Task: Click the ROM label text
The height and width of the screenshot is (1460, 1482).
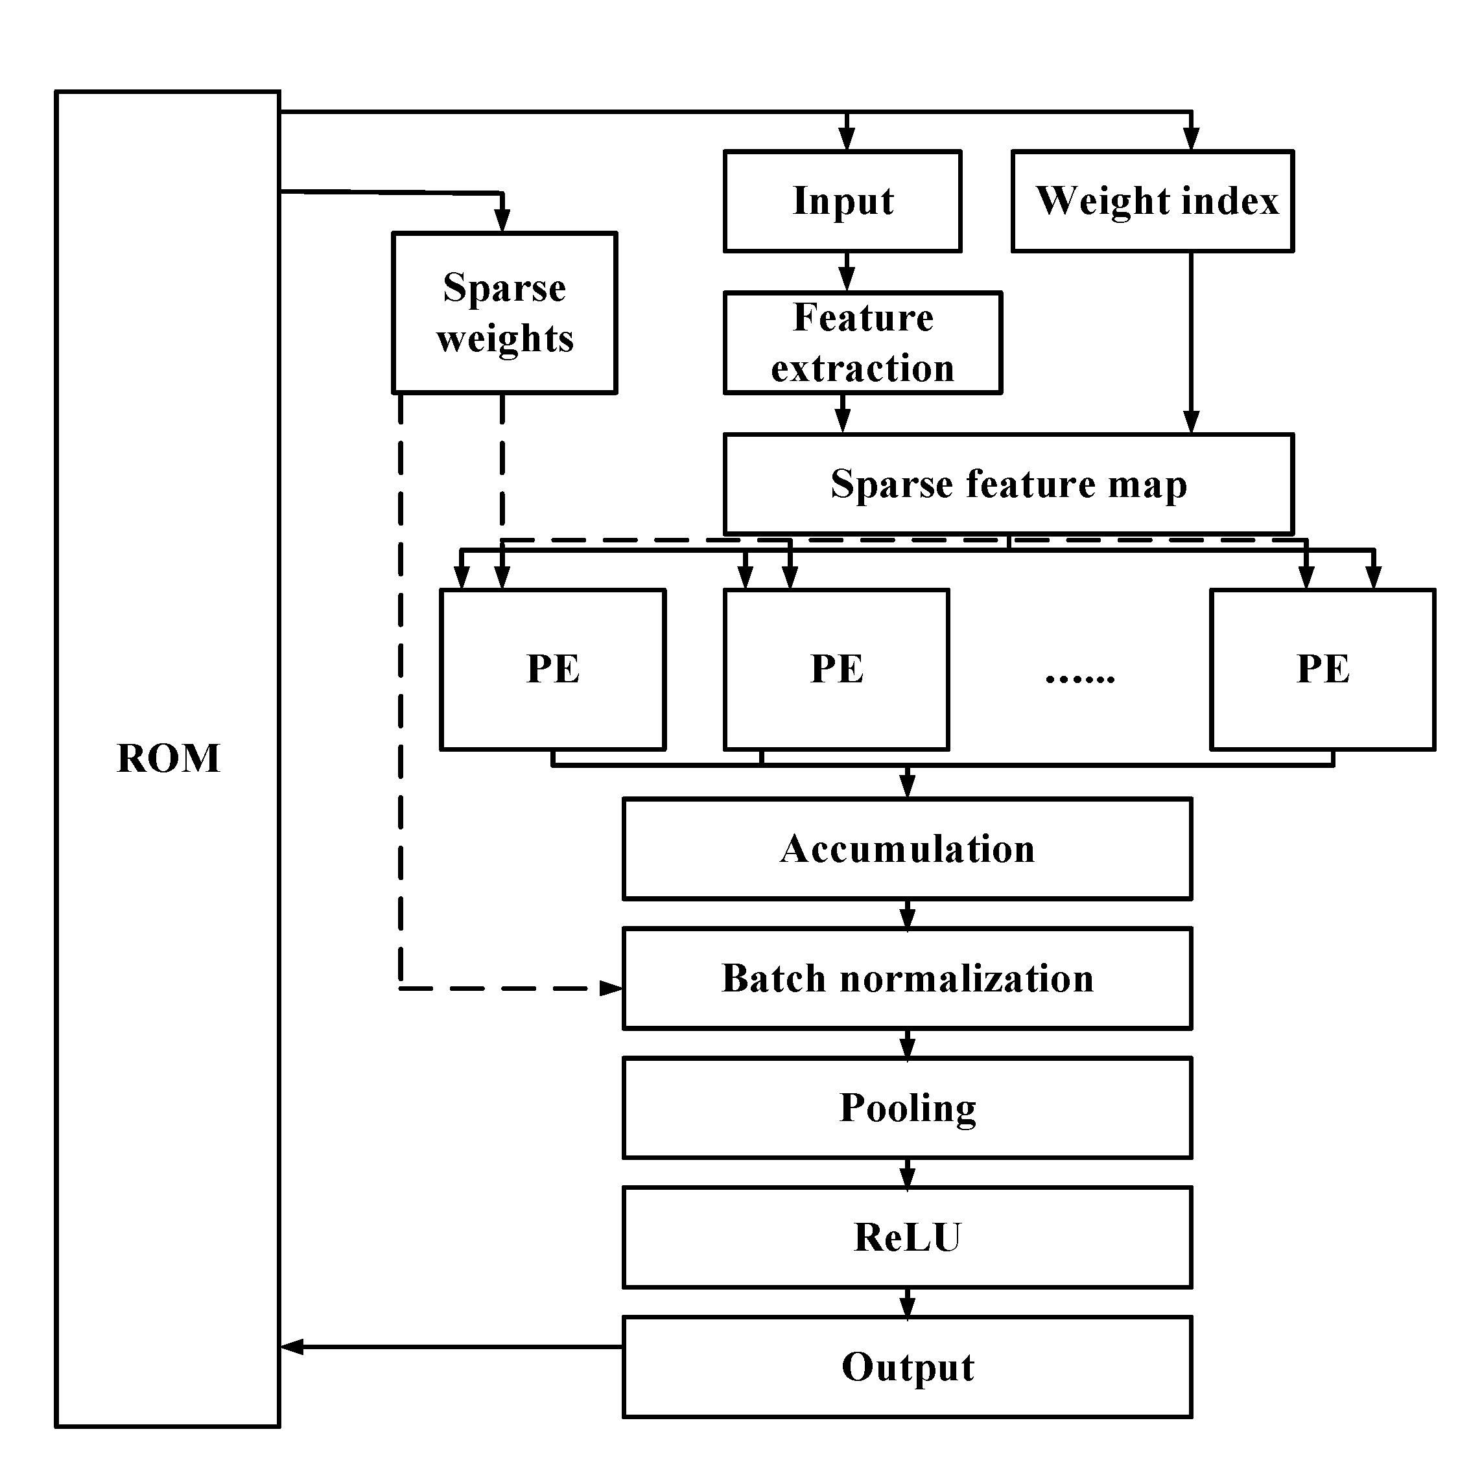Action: tap(168, 759)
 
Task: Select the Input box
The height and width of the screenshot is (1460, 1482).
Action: tap(842, 201)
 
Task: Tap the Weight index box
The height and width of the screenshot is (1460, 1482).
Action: tap(1152, 201)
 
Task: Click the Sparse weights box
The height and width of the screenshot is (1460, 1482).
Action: tap(504, 313)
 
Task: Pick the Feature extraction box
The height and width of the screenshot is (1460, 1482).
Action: tap(862, 343)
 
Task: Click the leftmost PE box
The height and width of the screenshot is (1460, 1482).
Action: tap(552, 669)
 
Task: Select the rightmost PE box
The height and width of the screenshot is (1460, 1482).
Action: tap(1322, 669)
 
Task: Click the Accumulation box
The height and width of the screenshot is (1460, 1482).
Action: tap(907, 849)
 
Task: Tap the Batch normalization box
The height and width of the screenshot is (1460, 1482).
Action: tap(907, 979)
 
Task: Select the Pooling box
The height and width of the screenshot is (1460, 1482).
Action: tap(907, 1108)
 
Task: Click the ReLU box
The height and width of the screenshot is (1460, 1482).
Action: tap(907, 1238)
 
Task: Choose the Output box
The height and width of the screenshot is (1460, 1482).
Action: tap(907, 1367)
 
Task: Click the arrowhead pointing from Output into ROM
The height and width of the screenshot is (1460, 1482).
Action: tap(292, 1347)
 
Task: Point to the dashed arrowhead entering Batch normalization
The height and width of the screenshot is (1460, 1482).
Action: tap(611, 988)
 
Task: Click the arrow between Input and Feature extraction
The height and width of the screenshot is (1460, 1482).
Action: tap(846, 272)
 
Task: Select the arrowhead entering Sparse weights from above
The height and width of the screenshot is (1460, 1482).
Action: tap(502, 221)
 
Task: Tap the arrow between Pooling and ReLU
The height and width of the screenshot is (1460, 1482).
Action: tap(908, 1172)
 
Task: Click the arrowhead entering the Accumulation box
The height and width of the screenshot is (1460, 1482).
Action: tap(908, 786)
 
